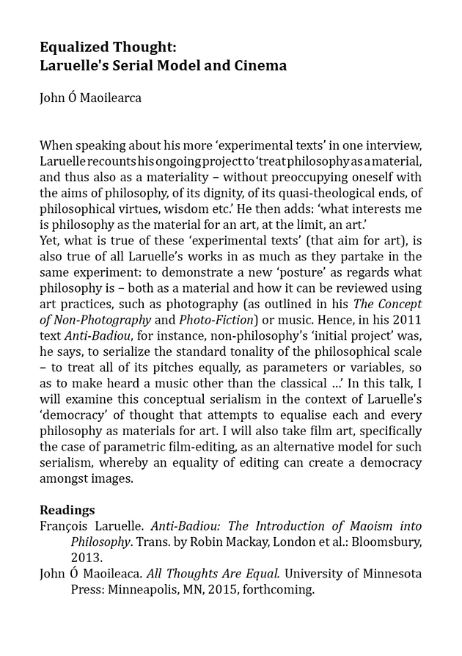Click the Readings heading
[x=67, y=510]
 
